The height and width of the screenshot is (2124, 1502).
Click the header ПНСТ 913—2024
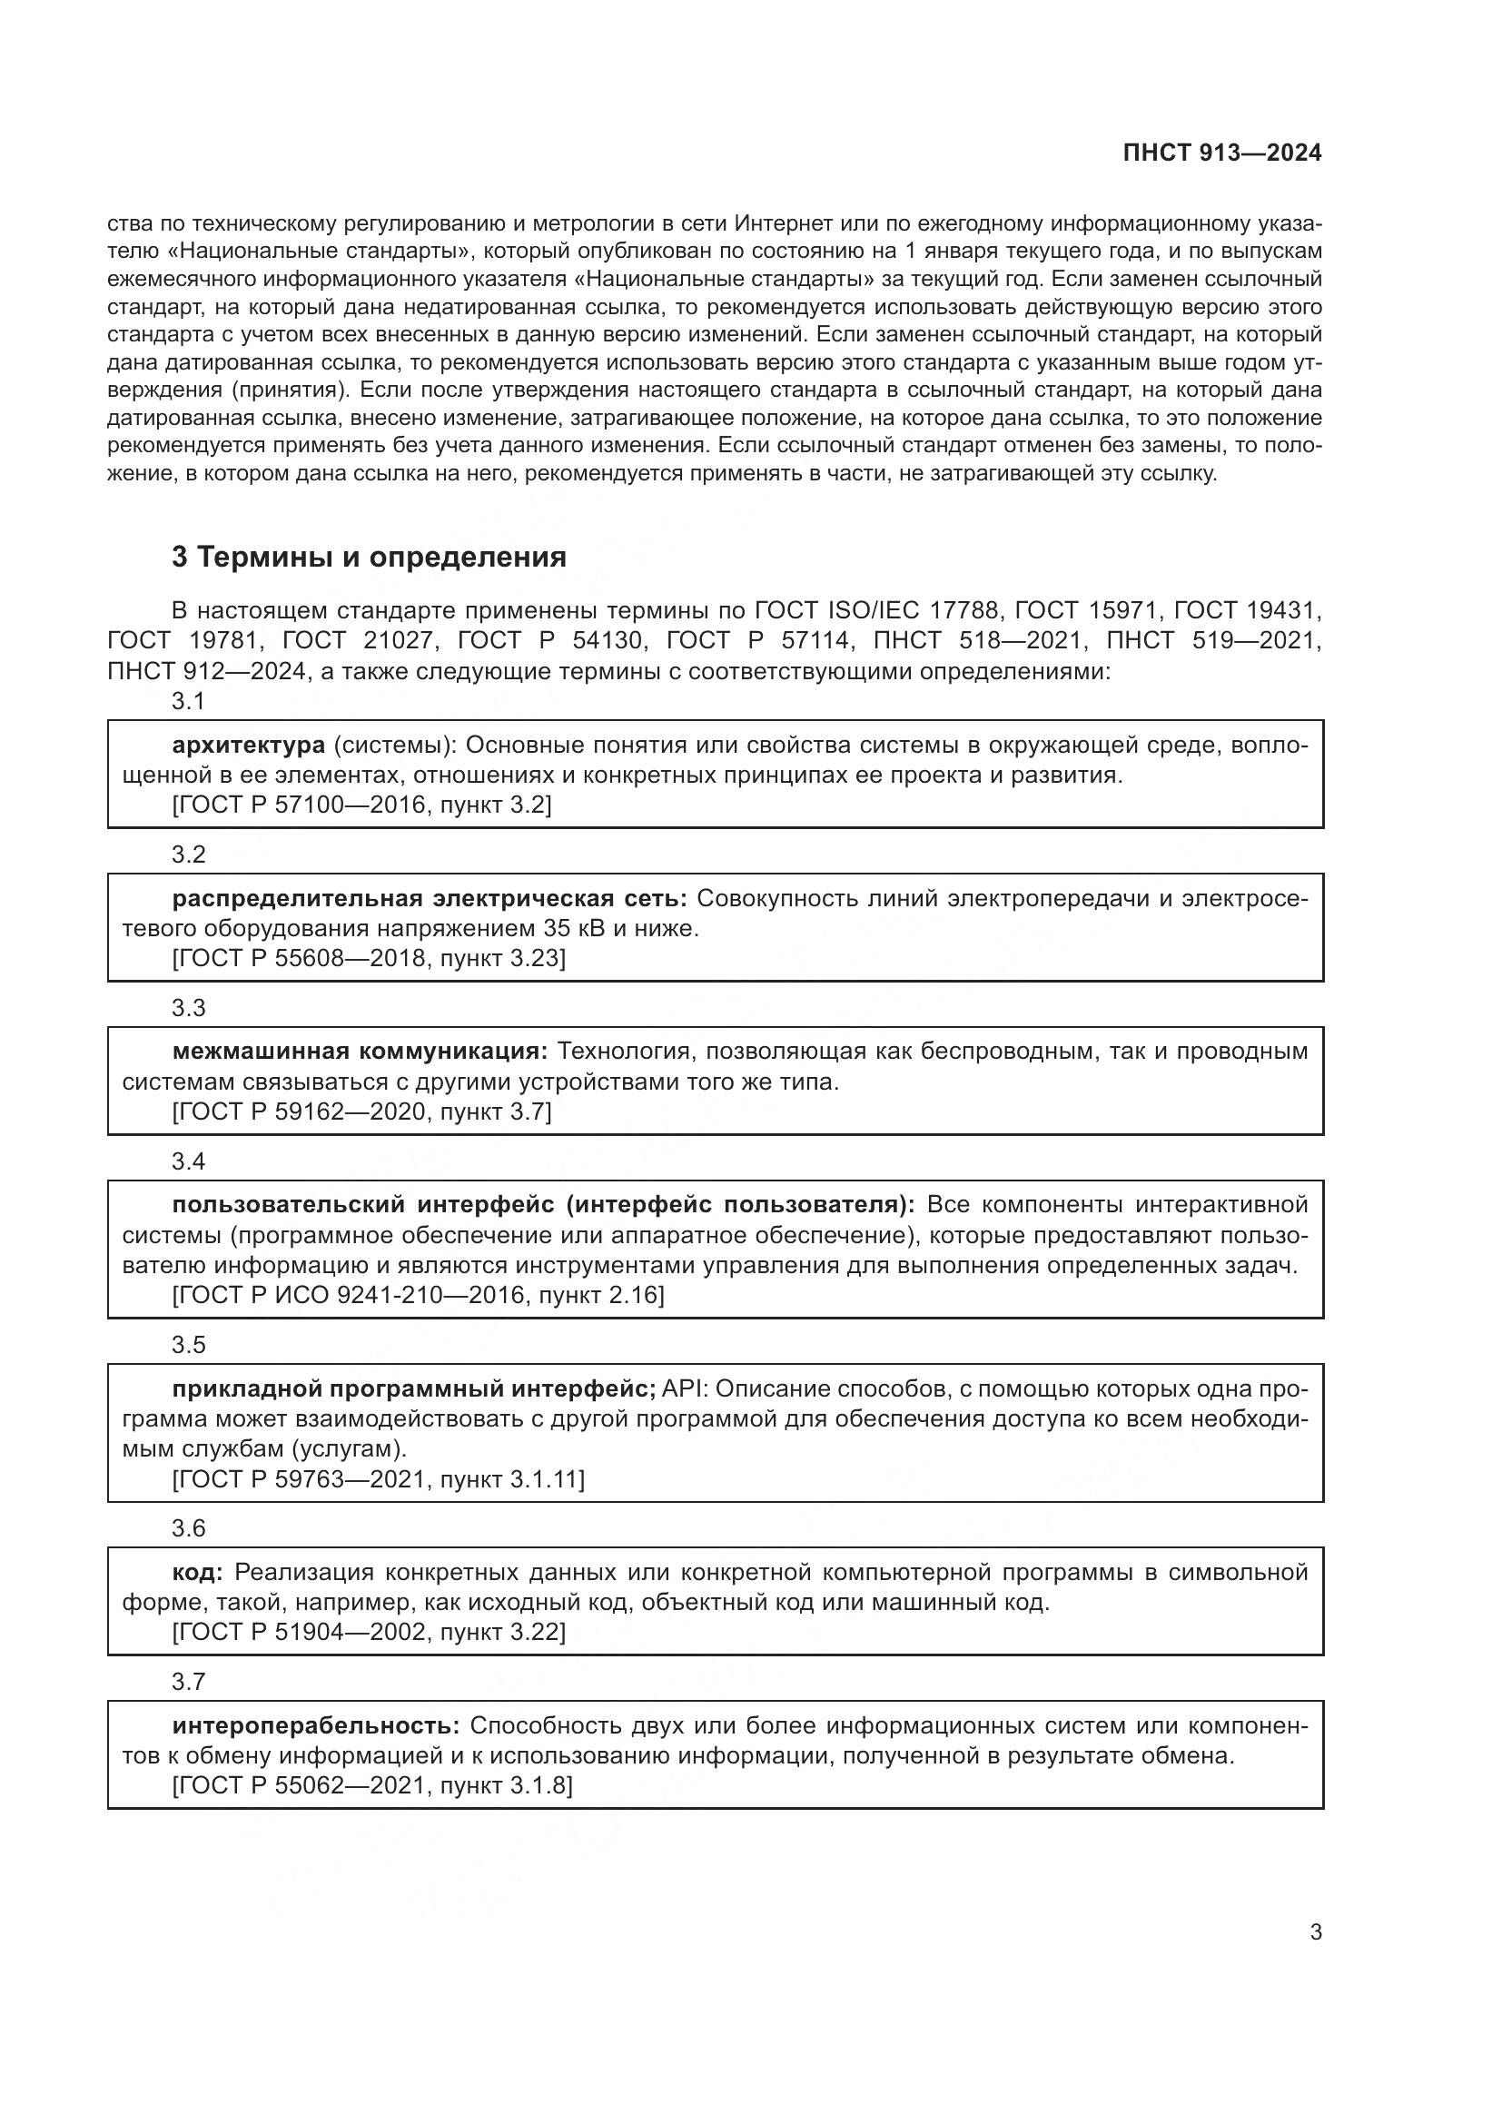[1221, 153]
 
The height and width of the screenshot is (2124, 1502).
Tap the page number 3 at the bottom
[1315, 1931]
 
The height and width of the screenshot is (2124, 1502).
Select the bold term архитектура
[248, 745]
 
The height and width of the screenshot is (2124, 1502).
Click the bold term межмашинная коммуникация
[360, 1052]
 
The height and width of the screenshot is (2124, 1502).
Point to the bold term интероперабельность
[315, 1725]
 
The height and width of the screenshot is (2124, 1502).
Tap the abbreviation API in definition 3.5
[683, 1388]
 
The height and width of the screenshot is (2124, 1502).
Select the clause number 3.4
[188, 1161]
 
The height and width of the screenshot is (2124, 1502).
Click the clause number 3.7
[188, 1681]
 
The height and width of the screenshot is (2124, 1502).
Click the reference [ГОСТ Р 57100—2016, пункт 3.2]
[361, 805]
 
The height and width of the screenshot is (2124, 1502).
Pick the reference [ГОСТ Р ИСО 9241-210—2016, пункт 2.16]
[418, 1295]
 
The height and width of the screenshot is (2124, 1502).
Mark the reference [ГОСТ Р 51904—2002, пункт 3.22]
[368, 1632]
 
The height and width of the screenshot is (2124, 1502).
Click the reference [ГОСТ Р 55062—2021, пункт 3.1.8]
[371, 1785]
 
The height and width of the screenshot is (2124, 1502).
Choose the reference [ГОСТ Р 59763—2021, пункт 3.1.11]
[379, 1479]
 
